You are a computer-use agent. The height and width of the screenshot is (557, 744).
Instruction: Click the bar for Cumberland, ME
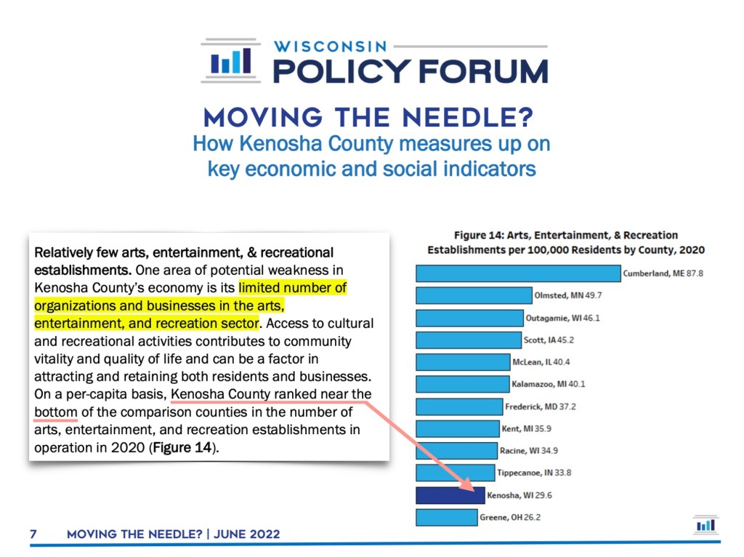518,273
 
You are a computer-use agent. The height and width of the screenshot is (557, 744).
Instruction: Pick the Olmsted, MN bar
474,295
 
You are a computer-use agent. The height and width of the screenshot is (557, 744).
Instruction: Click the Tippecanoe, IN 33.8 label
534,473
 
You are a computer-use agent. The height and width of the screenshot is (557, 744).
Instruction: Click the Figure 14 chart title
565,242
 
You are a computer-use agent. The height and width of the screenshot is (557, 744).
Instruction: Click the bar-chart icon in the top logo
230,61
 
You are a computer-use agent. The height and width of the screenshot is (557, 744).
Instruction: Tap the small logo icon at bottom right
705,525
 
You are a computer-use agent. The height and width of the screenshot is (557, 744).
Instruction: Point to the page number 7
33,534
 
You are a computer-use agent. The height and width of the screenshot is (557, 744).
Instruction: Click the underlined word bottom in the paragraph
55,412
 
